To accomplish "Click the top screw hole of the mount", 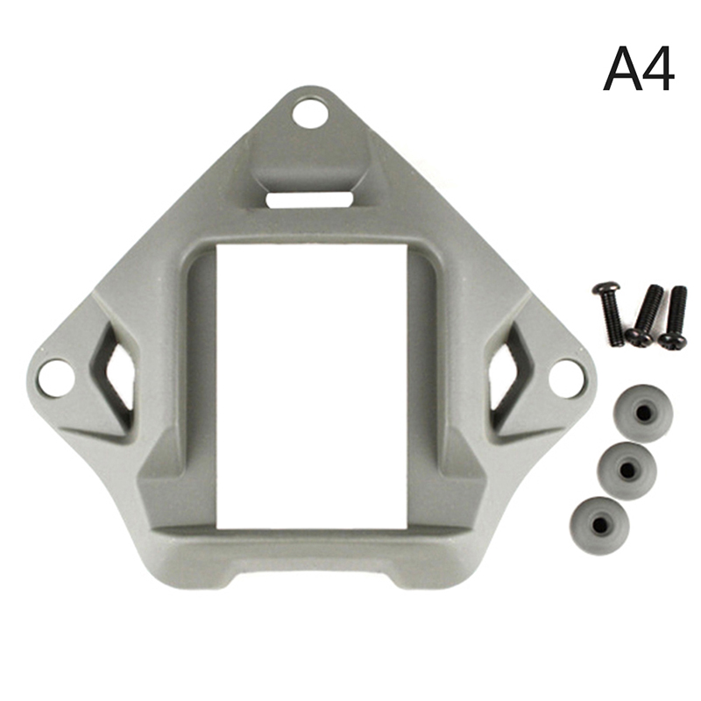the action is click(309, 113).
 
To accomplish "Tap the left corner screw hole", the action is click(56, 379).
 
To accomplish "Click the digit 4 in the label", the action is click(657, 69).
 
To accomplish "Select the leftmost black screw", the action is click(607, 311).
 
